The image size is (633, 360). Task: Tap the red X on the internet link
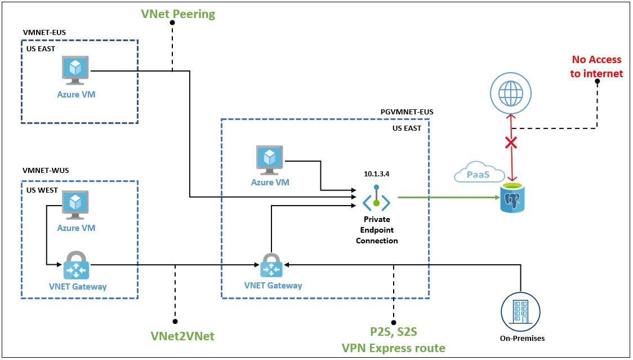(x=511, y=143)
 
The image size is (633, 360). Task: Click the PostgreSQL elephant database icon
(x=512, y=198)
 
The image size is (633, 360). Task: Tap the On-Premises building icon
(x=520, y=312)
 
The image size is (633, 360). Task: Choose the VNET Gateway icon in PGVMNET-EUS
(x=271, y=265)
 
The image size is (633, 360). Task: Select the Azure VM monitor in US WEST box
(x=76, y=205)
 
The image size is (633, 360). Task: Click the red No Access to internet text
(x=596, y=66)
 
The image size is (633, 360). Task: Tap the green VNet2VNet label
(x=182, y=336)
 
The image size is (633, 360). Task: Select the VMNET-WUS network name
(x=45, y=170)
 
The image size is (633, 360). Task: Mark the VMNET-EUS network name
(x=44, y=32)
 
